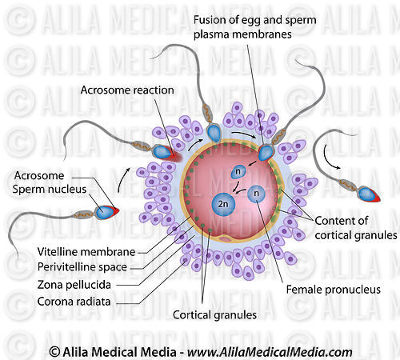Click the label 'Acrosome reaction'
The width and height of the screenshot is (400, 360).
(x=127, y=90)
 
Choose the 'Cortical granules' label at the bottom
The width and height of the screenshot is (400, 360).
(x=215, y=314)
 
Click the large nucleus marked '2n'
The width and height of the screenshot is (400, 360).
(x=223, y=204)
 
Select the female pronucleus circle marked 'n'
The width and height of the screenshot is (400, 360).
(x=256, y=193)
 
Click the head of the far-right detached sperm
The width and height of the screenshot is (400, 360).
(x=369, y=194)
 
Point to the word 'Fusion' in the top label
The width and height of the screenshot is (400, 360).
(x=211, y=19)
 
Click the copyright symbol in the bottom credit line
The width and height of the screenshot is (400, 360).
(x=54, y=351)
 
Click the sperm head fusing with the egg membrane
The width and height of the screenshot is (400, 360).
(x=265, y=152)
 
